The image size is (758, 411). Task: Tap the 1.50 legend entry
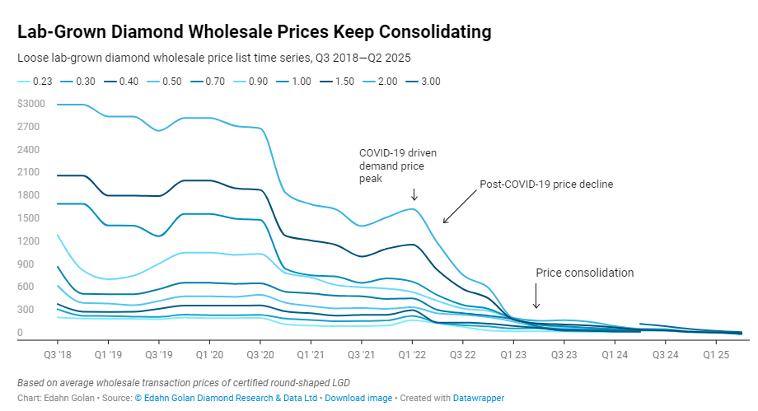click(342, 82)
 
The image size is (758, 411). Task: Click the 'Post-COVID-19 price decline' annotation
click(546, 184)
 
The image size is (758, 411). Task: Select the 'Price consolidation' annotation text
click(585, 273)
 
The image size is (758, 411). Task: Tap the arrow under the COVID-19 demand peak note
click(414, 194)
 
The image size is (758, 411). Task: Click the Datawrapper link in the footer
click(479, 398)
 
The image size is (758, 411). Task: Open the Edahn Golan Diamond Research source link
click(221, 398)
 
